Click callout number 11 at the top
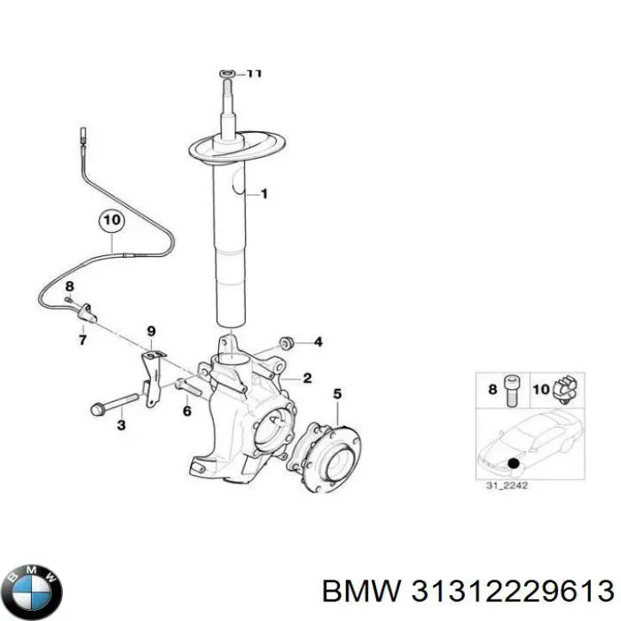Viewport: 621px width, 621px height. coord(253,74)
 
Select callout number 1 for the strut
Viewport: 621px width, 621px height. coord(263,194)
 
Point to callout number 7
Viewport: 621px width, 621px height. coord(83,341)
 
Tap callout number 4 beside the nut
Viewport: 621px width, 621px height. coord(317,342)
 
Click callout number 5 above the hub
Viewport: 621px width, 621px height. coord(337,394)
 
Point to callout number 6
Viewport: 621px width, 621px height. coord(186,411)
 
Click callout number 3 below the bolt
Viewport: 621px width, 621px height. coord(121,424)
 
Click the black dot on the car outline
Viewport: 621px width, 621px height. coord(514,464)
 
